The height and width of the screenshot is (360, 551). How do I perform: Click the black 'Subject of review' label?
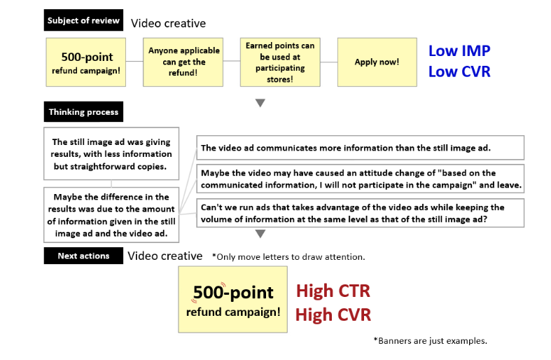(84, 20)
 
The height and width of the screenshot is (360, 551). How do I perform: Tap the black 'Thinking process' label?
(83, 112)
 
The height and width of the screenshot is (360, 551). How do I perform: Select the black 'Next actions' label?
(83, 256)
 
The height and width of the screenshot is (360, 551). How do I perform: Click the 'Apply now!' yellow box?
(377, 62)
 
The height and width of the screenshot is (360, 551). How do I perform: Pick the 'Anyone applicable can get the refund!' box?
(184, 62)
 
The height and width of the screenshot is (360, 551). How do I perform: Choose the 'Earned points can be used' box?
(279, 62)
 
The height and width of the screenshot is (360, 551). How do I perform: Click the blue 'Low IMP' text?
(459, 51)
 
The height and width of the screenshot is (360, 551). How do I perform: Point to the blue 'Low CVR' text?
(459, 72)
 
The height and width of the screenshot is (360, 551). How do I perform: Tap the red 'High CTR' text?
(333, 291)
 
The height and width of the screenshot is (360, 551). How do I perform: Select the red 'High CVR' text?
(333, 314)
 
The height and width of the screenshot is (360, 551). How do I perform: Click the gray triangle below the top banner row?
(260, 103)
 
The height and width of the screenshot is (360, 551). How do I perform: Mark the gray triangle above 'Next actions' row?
(260, 234)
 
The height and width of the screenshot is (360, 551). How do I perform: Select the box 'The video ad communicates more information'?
(360, 148)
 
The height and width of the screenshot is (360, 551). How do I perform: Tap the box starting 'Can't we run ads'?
(360, 213)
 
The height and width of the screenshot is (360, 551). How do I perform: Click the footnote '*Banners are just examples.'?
(430, 341)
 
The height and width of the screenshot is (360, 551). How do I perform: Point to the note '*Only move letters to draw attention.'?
(288, 257)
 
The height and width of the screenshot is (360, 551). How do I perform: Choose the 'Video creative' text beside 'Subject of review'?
(168, 23)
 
